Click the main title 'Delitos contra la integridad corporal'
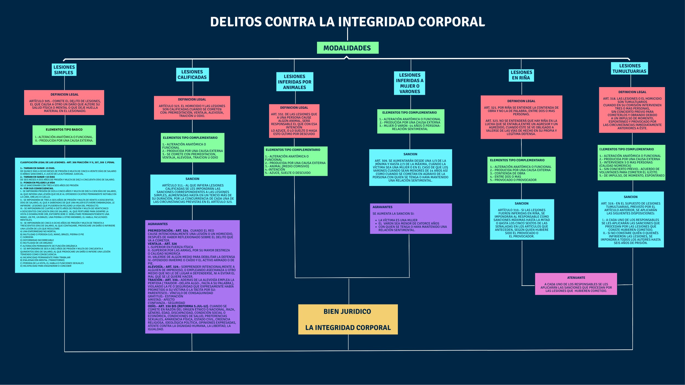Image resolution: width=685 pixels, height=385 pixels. coord(347,22)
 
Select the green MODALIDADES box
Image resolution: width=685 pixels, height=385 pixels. coord(347,48)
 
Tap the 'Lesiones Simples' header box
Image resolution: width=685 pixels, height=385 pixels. coord(64,70)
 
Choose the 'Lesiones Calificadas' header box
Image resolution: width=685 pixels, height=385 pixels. coord(192,74)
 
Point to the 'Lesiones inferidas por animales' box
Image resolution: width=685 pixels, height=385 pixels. coord(295,82)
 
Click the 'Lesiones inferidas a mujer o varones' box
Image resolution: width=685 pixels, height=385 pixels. coord(410,83)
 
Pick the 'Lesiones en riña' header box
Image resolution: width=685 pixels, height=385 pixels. coord(521,75)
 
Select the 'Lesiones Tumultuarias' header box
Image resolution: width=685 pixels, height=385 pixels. coord(629,68)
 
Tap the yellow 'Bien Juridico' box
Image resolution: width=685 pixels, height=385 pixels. coord(348,319)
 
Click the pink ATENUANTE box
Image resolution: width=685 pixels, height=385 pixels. coord(576,284)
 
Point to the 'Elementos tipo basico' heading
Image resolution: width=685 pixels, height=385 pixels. coord(64,130)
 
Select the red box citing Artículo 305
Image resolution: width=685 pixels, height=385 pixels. coord(64,103)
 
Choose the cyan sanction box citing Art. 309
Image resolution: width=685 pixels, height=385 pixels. coord(410,168)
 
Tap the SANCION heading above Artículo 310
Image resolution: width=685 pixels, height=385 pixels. coord(521,203)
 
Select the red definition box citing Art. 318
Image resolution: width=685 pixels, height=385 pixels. coord(632,110)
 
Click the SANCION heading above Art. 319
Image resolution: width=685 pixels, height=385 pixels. coord(630,197)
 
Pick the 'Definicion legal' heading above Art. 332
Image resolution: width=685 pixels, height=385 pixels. coord(294,108)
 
